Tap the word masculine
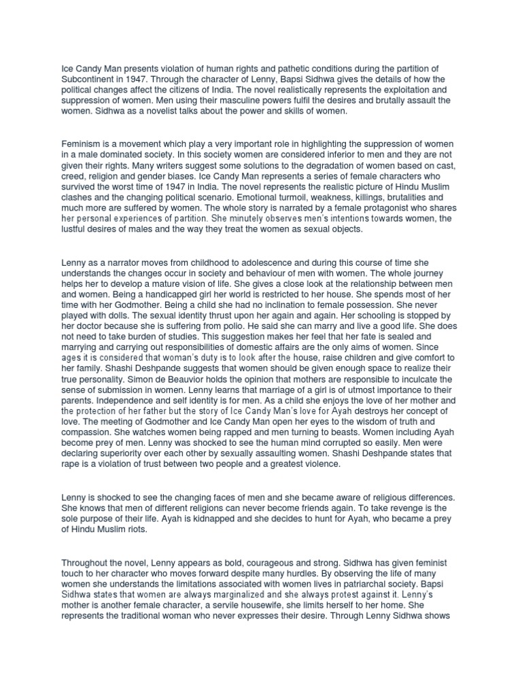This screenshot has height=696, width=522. point(207,101)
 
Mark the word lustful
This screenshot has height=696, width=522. point(74,230)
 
